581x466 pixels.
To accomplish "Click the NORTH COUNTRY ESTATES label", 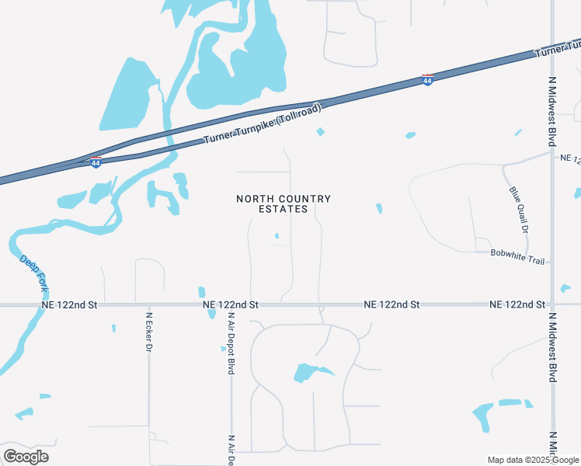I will pyautogui.click(x=284, y=203).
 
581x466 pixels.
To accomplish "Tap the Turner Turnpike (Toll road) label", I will pyautogui.click(x=263, y=124).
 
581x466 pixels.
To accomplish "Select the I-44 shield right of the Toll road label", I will pyautogui.click(x=427, y=80).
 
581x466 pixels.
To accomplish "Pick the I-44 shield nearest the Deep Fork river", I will pyautogui.click(x=96, y=162).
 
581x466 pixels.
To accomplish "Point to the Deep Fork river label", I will pyautogui.click(x=34, y=274).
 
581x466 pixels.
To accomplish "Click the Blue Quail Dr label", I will pyautogui.click(x=519, y=210).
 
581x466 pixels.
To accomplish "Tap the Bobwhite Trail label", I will pyautogui.click(x=517, y=256).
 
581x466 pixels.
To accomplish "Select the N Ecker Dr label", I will pyautogui.click(x=148, y=332).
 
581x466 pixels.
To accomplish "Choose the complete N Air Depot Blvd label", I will pyautogui.click(x=231, y=344).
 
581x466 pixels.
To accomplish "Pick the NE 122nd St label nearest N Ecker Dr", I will pyautogui.click(x=71, y=305).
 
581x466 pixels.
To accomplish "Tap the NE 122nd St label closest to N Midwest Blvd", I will pyautogui.click(x=517, y=305).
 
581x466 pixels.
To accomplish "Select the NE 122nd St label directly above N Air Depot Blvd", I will pyautogui.click(x=230, y=305).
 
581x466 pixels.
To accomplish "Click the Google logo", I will pyautogui.click(x=26, y=456).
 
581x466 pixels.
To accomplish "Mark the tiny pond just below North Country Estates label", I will pyautogui.click(x=277, y=236).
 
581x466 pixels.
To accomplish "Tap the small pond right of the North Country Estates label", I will pyautogui.click(x=379, y=208).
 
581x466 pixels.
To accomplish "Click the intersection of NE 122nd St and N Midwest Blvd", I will pyautogui.click(x=552, y=304).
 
